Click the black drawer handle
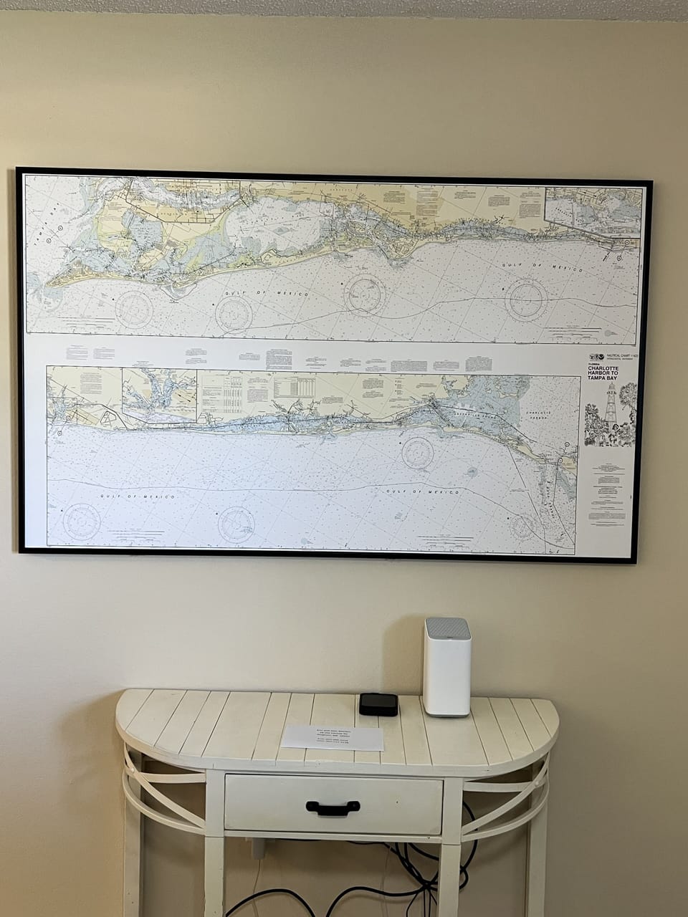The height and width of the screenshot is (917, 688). point(333,807)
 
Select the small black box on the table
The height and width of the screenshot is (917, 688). point(378,704)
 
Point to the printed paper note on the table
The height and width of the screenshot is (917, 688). point(332,737)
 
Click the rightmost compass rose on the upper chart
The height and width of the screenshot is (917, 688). point(525,299)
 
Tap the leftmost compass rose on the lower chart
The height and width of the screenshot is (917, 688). point(81,521)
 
